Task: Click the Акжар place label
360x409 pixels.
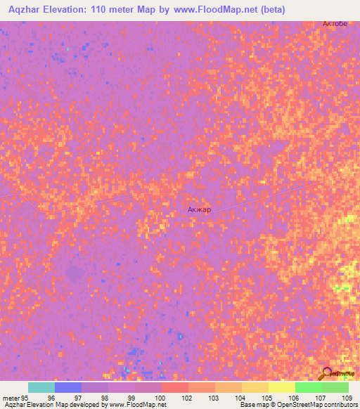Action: pyautogui.click(x=199, y=209)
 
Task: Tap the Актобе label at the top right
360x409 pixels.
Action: pyautogui.click(x=335, y=23)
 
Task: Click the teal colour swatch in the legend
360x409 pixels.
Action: pyautogui.click(x=41, y=387)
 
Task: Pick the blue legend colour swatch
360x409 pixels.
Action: pyautogui.click(x=68, y=387)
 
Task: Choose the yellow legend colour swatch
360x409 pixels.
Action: pyautogui.click(x=282, y=387)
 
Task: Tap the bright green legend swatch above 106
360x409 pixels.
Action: pyautogui.click(x=309, y=387)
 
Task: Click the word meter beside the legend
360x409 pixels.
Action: pyautogui.click(x=12, y=398)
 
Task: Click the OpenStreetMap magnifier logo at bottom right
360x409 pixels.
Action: pyautogui.click(x=326, y=373)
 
